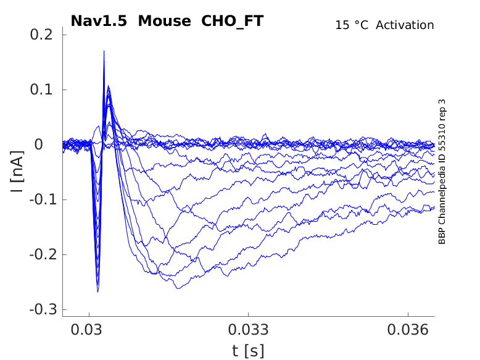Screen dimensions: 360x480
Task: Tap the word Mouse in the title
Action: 165,21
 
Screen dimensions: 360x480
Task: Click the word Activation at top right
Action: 405,25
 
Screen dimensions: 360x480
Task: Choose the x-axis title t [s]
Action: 248,351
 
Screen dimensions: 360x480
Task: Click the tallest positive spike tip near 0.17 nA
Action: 104,51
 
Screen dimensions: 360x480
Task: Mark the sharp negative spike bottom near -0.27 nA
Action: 97,291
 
